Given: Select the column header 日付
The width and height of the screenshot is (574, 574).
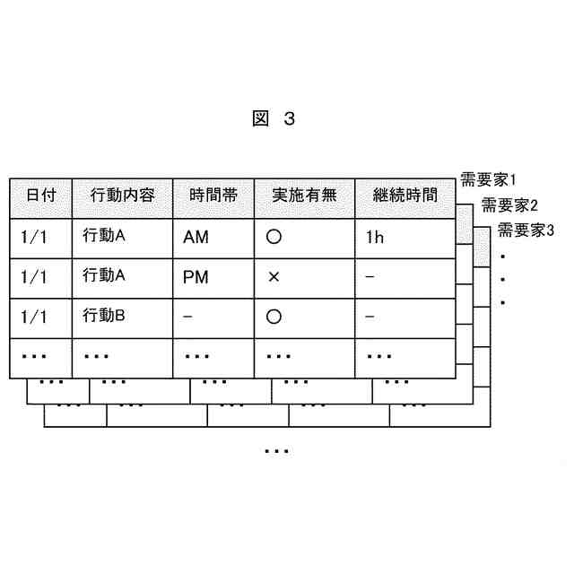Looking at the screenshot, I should point(40,195).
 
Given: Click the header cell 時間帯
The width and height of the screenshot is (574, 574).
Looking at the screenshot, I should point(213,195).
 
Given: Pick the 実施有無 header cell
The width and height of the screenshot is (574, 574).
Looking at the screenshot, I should point(304,195).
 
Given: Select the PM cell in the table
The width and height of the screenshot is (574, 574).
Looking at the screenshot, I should point(196,278).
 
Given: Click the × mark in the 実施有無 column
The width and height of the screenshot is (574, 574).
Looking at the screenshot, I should point(274,278).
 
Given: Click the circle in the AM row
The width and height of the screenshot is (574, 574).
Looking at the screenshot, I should point(274,239).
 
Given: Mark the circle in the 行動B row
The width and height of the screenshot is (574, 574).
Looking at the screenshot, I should point(274,317).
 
